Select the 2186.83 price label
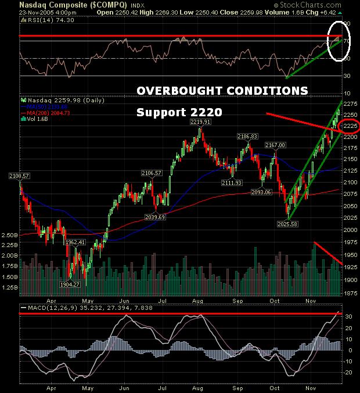[247, 136]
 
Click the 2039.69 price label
[155, 217]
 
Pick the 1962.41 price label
[75, 242]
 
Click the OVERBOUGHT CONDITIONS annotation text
[222, 91]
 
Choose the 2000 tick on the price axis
[350, 230]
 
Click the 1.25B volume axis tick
[10, 287]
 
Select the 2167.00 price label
[276, 145]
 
